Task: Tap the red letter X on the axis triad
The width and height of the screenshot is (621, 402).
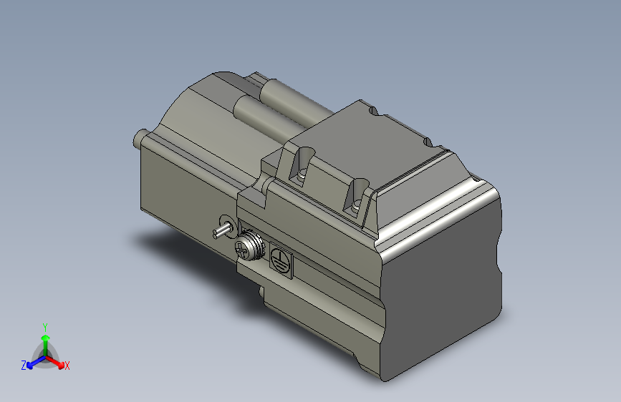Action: pyautogui.click(x=67, y=366)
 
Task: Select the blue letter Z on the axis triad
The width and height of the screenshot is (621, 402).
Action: pyautogui.click(x=24, y=366)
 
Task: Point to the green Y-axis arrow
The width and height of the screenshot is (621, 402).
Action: pyautogui.click(x=44, y=340)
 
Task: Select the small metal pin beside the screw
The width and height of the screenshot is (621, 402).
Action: pyautogui.click(x=221, y=230)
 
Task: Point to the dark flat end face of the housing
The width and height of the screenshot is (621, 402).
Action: pyautogui.click(x=444, y=286)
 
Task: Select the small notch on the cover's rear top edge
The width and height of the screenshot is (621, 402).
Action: pyautogui.click(x=373, y=111)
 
